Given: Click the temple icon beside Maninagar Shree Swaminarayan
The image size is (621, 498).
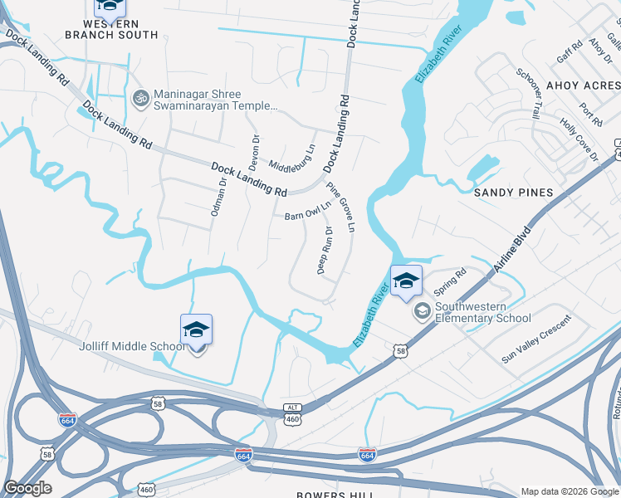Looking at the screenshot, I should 139,98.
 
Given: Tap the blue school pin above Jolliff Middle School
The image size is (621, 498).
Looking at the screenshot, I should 196,330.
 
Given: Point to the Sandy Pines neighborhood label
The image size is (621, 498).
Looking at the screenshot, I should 513,193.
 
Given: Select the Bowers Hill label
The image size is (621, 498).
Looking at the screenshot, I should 332,494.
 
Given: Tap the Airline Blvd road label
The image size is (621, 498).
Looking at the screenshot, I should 511,250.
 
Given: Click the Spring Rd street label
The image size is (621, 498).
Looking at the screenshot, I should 451,282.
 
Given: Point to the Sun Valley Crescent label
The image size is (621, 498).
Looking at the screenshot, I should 537,339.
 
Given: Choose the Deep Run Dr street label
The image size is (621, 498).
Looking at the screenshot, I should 325,250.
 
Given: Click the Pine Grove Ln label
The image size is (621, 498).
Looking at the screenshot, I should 340,207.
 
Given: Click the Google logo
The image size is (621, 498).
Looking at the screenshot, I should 28,488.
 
